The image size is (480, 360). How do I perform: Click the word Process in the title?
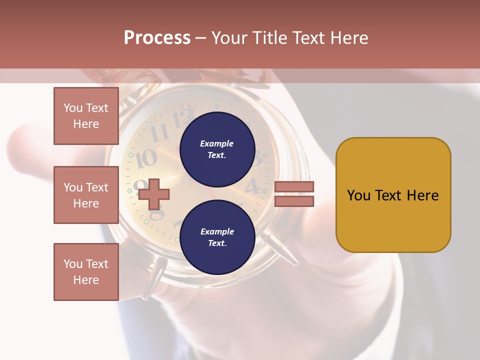tap(157, 38)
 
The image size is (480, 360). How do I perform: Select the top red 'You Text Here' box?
tap(86, 116)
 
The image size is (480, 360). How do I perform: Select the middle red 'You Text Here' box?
tap(86, 195)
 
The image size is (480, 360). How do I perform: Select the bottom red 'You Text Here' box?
tap(86, 271)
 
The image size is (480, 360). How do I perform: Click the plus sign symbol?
tap(153, 194)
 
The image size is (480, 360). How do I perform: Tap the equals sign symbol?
tap(294, 194)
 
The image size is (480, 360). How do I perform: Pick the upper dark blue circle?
tap(217, 149)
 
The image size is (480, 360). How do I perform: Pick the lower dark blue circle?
tap(217, 237)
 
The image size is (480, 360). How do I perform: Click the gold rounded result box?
tap(393, 195)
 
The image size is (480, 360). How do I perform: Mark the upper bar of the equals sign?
tap(294, 187)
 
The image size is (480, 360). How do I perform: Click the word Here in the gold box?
tap(422, 195)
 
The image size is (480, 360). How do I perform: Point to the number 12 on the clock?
tap(183, 119)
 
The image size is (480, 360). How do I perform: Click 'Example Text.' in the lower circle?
tap(217, 237)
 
